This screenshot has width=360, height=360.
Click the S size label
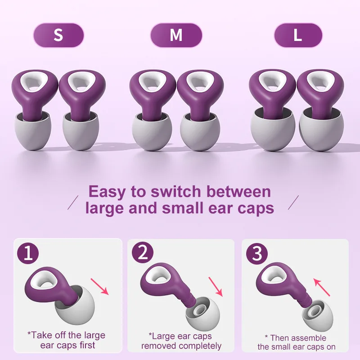pyautogui.click(x=58, y=35)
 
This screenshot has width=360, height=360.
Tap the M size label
pyautogui.click(x=176, y=35)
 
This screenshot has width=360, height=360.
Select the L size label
pyautogui.click(x=298, y=35)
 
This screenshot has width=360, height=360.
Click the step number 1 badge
pyautogui.click(x=28, y=254)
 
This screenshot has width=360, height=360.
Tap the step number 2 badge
pyautogui.click(x=143, y=254)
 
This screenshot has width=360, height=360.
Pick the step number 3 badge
pyautogui.click(x=257, y=254)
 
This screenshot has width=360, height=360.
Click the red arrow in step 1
pyautogui.click(x=100, y=286)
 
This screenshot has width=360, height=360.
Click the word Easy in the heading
pyautogui.click(x=107, y=192)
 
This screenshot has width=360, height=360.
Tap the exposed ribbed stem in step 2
pyautogui.click(x=191, y=301)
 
